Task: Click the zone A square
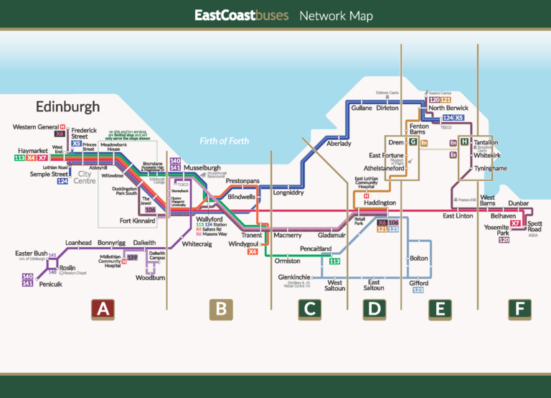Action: pyautogui.click(x=103, y=310)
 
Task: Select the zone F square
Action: pyautogui.click(x=519, y=310)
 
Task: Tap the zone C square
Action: pyautogui.click(x=310, y=310)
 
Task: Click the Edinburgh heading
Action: pyautogui.click(x=68, y=106)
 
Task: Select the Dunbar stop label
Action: pyautogui.click(x=518, y=203)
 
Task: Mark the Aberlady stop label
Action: pyautogui.click(x=339, y=144)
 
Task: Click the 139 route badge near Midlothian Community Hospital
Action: pyautogui.click(x=132, y=256)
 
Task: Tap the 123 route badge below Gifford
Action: pyautogui.click(x=419, y=291)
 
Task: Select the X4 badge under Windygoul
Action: pyautogui.click(x=252, y=252)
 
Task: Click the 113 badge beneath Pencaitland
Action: pyautogui.click(x=334, y=262)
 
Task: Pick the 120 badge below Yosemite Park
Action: pyautogui.click(x=504, y=241)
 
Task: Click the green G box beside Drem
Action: pyautogui.click(x=413, y=142)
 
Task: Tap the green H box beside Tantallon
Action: pyautogui.click(x=465, y=142)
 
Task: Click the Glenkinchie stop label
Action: pyautogui.click(x=294, y=277)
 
